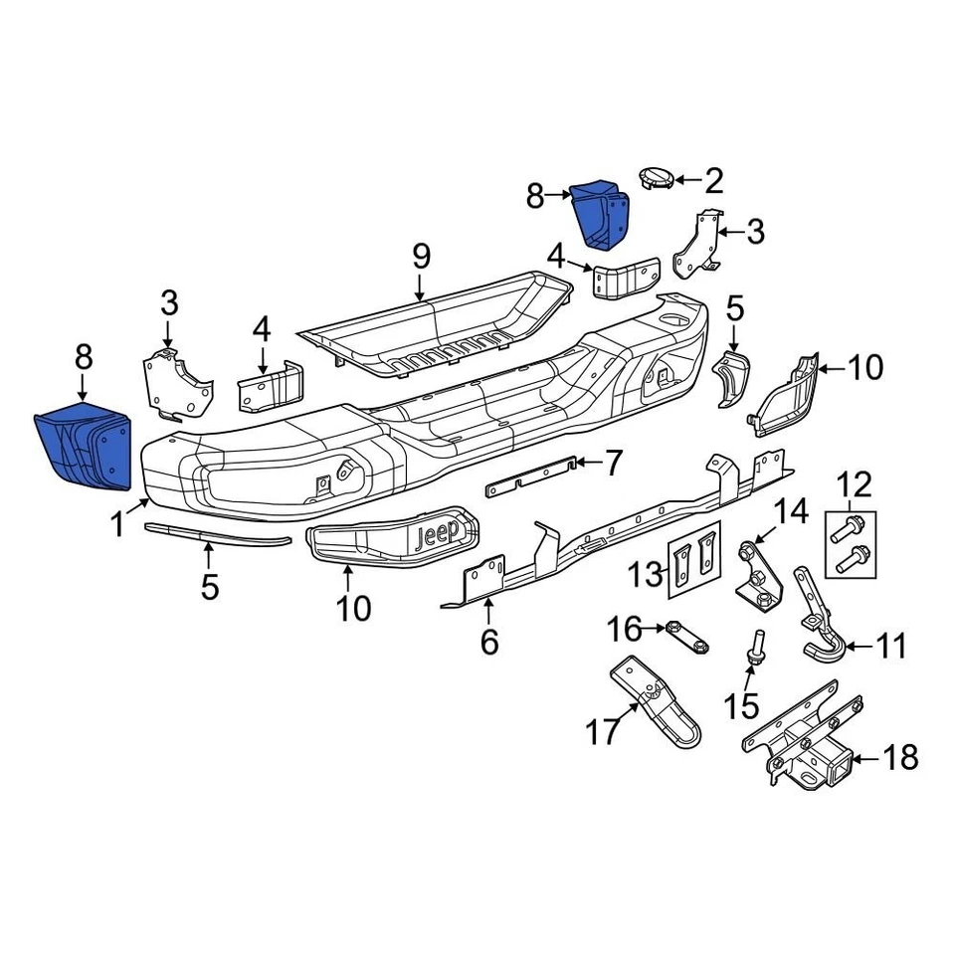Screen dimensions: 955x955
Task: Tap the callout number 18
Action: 900,759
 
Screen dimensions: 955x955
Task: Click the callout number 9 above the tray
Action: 421,257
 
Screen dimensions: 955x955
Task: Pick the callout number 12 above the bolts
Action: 854,485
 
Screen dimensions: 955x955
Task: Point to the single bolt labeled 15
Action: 756,646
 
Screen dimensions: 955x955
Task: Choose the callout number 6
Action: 488,642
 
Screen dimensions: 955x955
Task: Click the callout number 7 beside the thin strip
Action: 614,463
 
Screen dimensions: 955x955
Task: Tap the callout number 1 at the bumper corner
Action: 117,523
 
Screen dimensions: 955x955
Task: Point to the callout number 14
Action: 793,513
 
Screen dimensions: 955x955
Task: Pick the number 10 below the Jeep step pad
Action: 352,607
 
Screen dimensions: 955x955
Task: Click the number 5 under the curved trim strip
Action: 209,586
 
